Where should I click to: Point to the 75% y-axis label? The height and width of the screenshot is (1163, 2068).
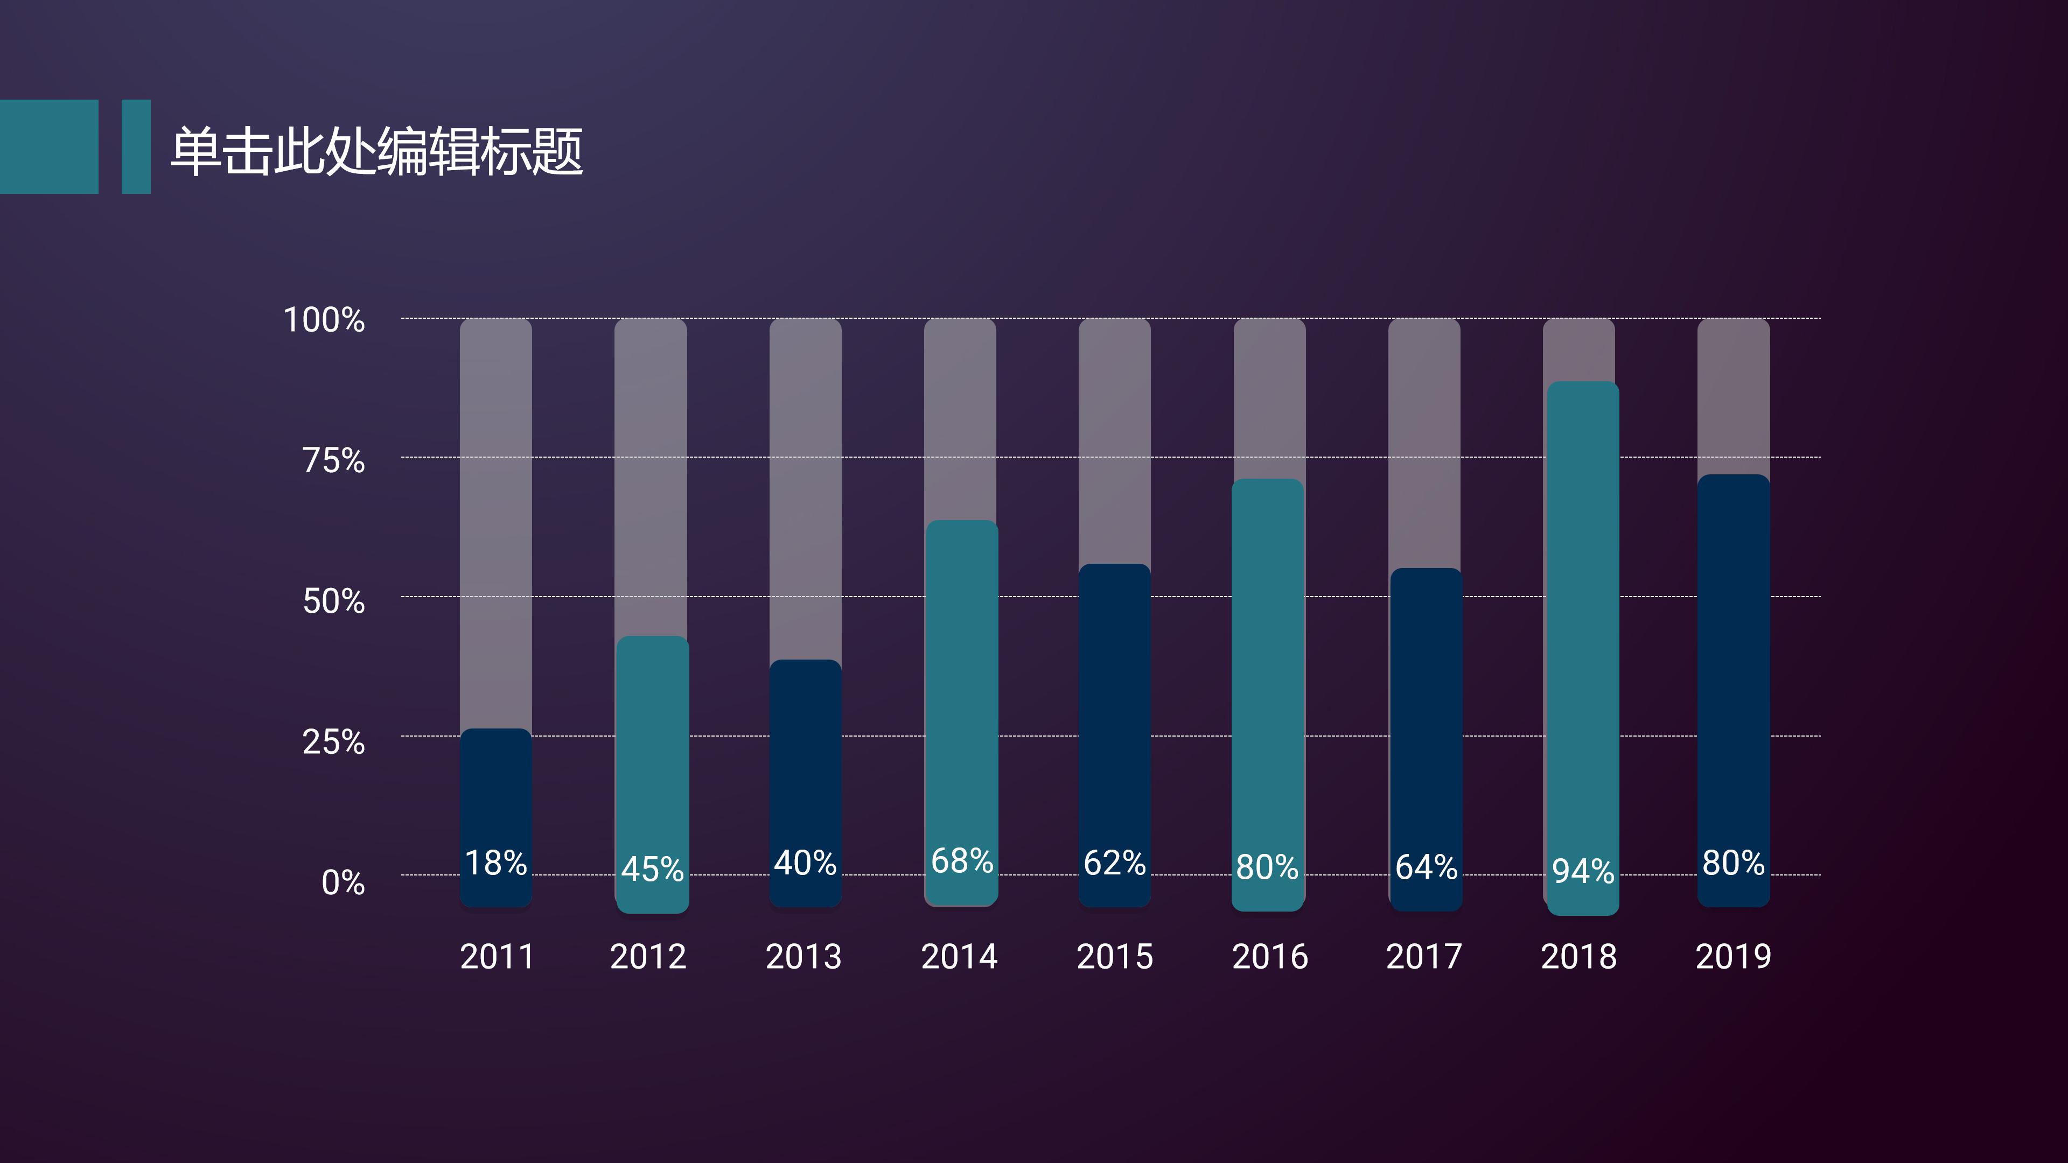coord(334,461)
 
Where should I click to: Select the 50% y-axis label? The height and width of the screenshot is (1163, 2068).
coord(334,601)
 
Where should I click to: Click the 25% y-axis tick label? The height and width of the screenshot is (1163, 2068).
coord(334,741)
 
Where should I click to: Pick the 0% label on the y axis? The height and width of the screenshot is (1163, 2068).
coord(344,882)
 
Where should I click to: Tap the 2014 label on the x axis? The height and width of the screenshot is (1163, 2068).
coord(959,956)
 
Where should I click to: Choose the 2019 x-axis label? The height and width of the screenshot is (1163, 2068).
coord(1733,956)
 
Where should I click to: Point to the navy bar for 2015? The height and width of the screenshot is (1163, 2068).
coord(1114,706)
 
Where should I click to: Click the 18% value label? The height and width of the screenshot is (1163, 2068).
coord(496,863)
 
